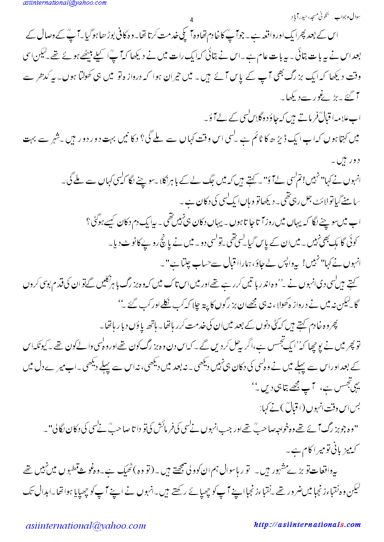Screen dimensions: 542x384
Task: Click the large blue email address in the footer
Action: tap(86, 523)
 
